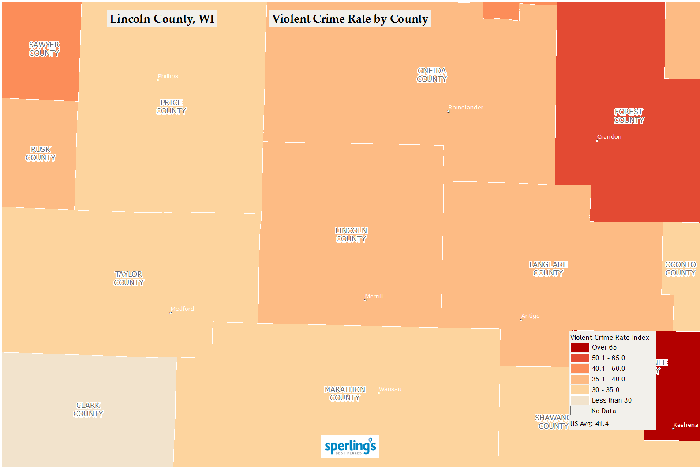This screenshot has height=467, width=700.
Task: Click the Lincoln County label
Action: [x=351, y=235]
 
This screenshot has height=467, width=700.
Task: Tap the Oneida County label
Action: [x=432, y=75]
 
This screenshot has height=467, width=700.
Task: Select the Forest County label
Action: [x=629, y=116]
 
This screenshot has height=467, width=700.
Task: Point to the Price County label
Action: [x=171, y=107]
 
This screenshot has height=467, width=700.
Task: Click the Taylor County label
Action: [x=129, y=279]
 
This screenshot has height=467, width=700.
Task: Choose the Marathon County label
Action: [x=345, y=394]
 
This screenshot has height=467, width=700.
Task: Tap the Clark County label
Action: [x=88, y=410]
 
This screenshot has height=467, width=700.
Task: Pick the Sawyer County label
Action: [x=44, y=49]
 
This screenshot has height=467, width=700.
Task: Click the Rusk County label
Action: [x=41, y=154]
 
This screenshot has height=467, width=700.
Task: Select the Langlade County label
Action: [x=548, y=269]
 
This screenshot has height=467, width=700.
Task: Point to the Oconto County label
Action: [x=680, y=269]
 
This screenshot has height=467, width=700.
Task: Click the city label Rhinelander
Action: [x=466, y=108]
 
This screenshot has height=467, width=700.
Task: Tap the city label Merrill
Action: [x=374, y=297]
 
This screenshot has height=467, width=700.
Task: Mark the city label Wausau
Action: [x=390, y=389]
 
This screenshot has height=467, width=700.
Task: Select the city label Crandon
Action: [x=609, y=137]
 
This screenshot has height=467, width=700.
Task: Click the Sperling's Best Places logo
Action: [x=350, y=447]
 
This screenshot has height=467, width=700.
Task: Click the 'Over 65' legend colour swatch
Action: [x=580, y=347]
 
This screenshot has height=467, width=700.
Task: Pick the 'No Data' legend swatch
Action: [x=580, y=411]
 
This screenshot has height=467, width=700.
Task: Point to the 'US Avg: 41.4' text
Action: [x=589, y=424]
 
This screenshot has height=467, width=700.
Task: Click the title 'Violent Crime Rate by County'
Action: [x=350, y=19]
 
